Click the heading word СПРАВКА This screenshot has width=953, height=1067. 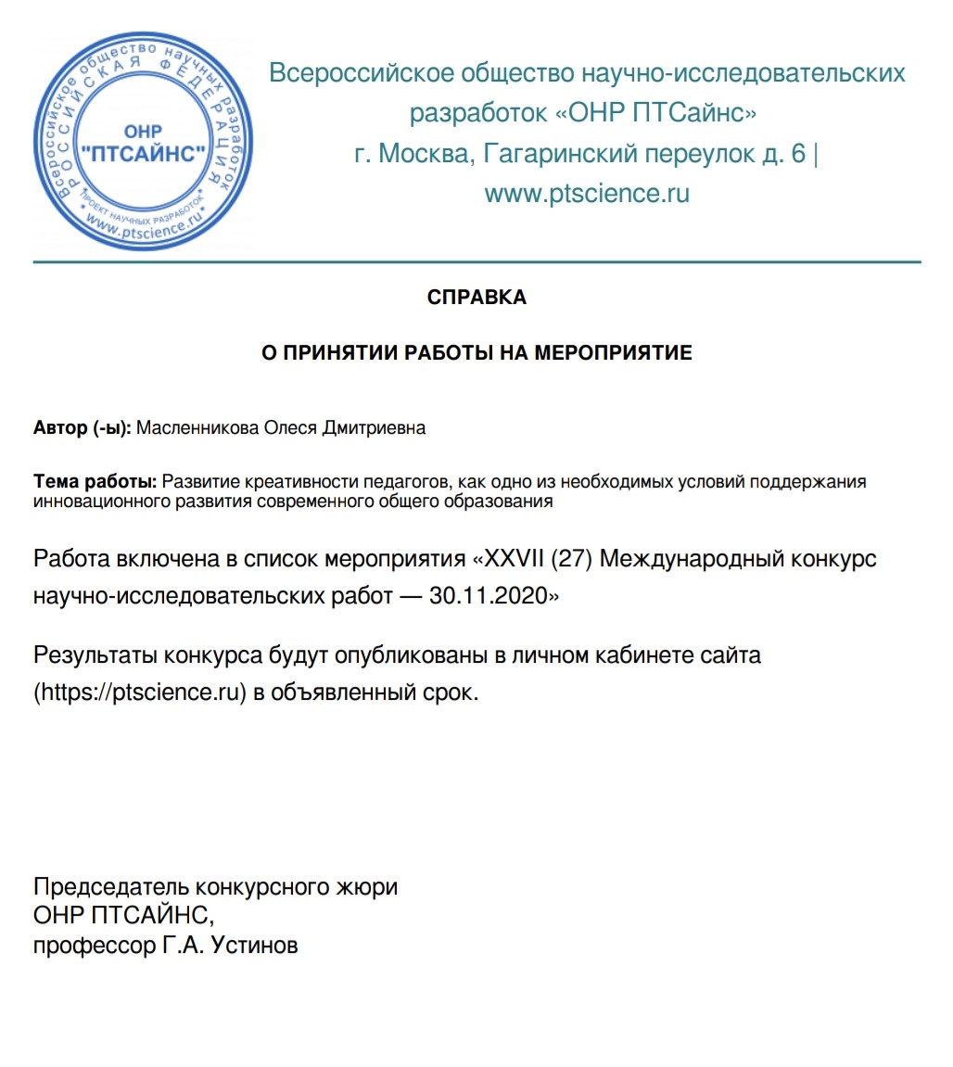[476, 298]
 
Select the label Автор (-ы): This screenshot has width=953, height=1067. [83, 428]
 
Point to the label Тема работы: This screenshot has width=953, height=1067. [95, 482]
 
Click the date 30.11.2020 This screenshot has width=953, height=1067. [489, 596]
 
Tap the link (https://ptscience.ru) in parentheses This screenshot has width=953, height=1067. [140, 692]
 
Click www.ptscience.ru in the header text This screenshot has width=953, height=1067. [586, 194]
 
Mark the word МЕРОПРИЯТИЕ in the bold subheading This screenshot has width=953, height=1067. [613, 353]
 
